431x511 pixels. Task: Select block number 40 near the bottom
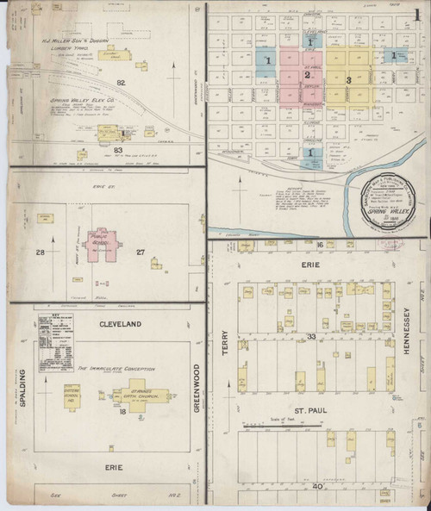coord(316,487)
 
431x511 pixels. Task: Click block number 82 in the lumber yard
coord(121,82)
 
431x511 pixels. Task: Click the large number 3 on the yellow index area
coord(348,80)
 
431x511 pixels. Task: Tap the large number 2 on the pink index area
coord(305,76)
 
